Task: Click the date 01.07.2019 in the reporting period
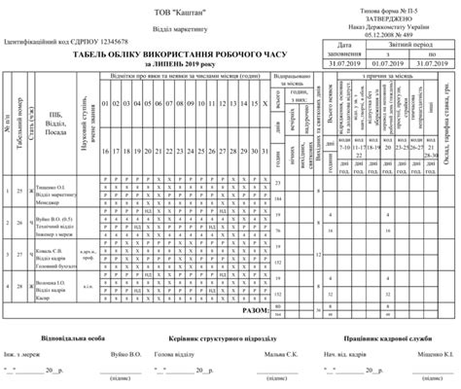pyautogui.click(x=387, y=62)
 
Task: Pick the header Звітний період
pyautogui.click(x=408, y=46)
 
